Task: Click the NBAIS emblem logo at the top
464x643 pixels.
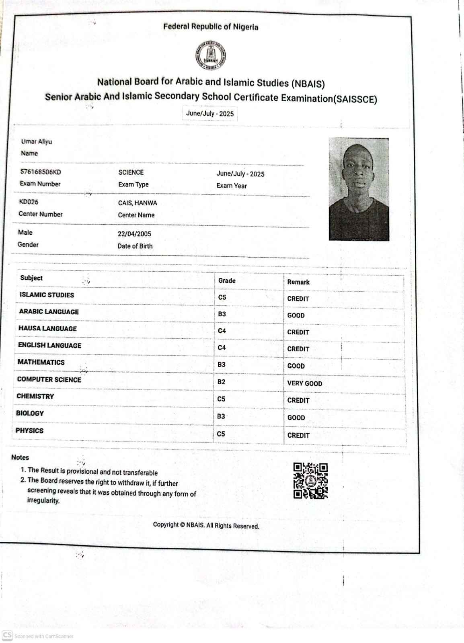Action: [210, 55]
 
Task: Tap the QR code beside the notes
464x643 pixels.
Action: [310, 481]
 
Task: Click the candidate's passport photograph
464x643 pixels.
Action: [359, 189]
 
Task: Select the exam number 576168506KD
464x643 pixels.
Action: [41, 172]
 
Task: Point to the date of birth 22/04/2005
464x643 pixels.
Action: [134, 234]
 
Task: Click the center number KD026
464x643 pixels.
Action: [29, 202]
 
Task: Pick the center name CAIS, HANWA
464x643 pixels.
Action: [138, 203]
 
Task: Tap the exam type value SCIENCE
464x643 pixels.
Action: [131, 172]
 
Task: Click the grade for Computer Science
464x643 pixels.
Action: [221, 382]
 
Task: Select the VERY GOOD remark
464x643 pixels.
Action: [304, 383]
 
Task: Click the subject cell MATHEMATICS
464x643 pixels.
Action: [41, 362]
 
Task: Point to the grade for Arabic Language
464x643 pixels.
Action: [222, 314]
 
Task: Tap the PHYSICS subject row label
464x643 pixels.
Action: [29, 431]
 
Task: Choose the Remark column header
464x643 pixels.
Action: [298, 282]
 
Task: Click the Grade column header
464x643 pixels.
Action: [227, 281]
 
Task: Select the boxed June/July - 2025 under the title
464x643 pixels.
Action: [209, 114]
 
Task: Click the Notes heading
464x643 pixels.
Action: [20, 457]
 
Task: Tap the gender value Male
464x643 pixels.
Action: [25, 232]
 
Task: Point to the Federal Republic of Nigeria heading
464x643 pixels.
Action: [211, 27]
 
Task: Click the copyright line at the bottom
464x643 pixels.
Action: [206, 525]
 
